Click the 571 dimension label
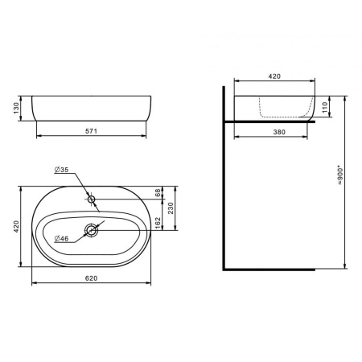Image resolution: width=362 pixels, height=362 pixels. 91,131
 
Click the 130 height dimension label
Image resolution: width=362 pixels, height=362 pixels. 17,108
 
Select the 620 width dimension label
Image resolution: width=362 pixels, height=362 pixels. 91,278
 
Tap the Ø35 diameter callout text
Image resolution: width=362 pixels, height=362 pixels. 61,170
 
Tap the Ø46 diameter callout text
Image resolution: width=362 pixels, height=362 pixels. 61,238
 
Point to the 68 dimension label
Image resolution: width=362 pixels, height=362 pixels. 158,192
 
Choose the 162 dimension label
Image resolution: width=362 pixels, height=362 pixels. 158,223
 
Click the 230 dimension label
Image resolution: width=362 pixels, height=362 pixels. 171,208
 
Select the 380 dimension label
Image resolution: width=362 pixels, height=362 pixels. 279,132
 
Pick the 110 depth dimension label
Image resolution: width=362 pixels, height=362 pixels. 325,107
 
